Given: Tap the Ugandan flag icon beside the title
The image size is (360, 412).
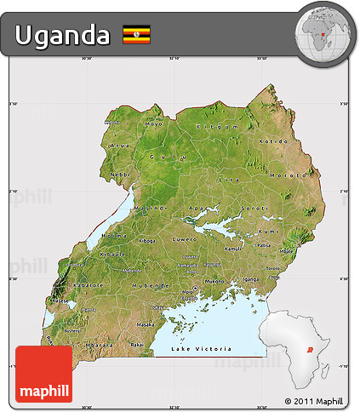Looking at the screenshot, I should tap(136, 35).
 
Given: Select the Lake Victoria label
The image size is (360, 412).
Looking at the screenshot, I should tap(201, 349).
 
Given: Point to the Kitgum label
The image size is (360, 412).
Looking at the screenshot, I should tap(214, 126).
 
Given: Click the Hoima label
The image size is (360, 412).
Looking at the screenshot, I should tap(115, 235).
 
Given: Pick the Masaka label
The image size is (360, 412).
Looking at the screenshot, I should tap(146, 324).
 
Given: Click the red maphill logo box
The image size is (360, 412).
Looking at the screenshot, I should tap(44, 374).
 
